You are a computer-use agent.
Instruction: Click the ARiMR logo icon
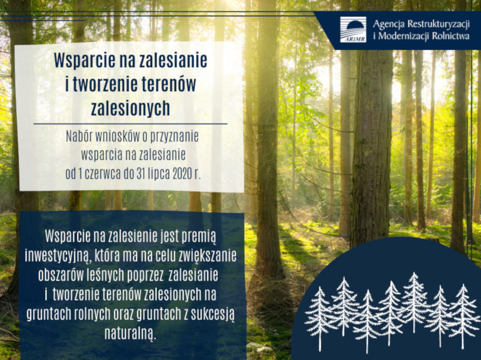[x=353, y=29]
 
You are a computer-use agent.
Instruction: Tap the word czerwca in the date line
[x=102, y=174]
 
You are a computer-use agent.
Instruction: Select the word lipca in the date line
[x=159, y=174]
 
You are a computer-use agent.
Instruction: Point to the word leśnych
[x=108, y=275]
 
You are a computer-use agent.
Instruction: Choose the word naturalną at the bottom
[x=130, y=334]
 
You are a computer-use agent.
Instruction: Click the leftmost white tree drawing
[x=320, y=319]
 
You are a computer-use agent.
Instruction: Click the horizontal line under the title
[x=130, y=124]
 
